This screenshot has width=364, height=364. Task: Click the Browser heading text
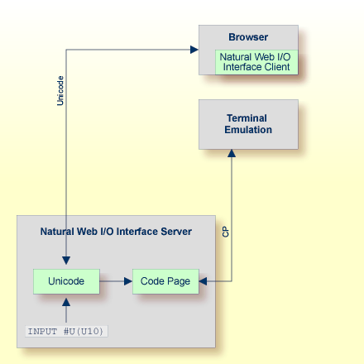pyautogui.click(x=248, y=37)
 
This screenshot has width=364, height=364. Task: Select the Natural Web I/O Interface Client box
pyautogui.click(x=256, y=62)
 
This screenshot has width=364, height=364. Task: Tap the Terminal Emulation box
pyautogui.click(x=248, y=124)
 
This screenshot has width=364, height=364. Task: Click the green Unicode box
pyautogui.click(x=66, y=281)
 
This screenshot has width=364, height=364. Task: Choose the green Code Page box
pyautogui.click(x=165, y=281)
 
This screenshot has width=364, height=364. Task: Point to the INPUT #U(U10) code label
pyautogui.click(x=67, y=332)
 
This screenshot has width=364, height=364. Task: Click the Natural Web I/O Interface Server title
pyautogui.click(x=116, y=232)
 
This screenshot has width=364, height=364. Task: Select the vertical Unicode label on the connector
pyautogui.click(x=60, y=90)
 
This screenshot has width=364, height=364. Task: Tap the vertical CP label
pyautogui.click(x=226, y=232)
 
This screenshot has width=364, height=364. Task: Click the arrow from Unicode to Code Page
pyautogui.click(x=116, y=281)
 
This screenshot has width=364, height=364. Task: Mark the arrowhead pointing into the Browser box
pyautogui.click(x=194, y=50)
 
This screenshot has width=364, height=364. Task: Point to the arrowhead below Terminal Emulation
pyautogui.click(x=232, y=154)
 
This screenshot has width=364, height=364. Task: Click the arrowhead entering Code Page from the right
pyautogui.click(x=204, y=281)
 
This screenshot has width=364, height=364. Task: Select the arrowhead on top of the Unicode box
pyautogui.click(x=66, y=263)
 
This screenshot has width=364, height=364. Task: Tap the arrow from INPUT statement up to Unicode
pyautogui.click(x=66, y=309)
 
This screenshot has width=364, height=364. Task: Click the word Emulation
pyautogui.click(x=248, y=130)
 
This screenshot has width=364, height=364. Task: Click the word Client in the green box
pyautogui.click(x=276, y=67)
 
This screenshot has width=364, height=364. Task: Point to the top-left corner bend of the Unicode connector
pyautogui.click(x=66, y=50)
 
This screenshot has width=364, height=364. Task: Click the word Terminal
pyautogui.click(x=248, y=118)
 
